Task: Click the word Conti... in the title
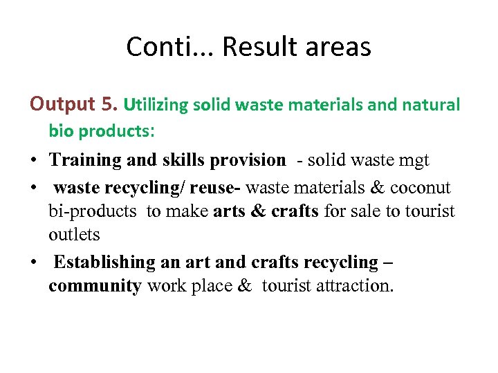click(x=165, y=47)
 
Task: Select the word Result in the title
click(x=251, y=47)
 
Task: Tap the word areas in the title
click(x=336, y=47)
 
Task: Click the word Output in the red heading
click(x=62, y=104)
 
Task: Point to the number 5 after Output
click(x=109, y=104)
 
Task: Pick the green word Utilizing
click(x=155, y=105)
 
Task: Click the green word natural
click(x=430, y=105)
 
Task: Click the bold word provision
click(x=250, y=160)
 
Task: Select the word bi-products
click(x=93, y=211)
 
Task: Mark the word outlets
click(x=74, y=235)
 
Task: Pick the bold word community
click(x=95, y=286)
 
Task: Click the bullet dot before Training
click(x=33, y=161)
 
